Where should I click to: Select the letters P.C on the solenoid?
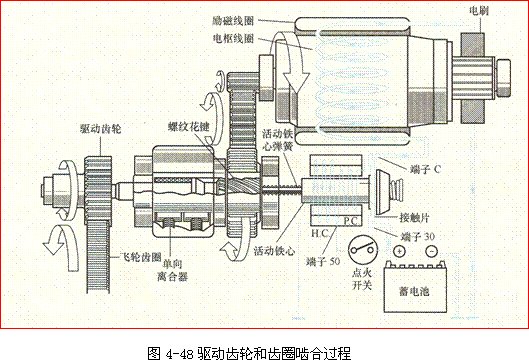(x=350, y=220)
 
